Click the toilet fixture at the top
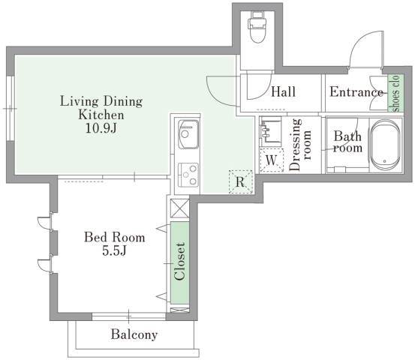coord(257,27)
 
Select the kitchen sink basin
coord(188,134)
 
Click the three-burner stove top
coord(188,174)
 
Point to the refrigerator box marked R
coord(240,181)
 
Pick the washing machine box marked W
coord(271,160)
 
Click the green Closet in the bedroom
coord(179,262)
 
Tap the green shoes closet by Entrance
coord(395,93)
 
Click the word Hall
coord(283,91)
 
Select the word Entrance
coord(356,92)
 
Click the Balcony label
coord(134,334)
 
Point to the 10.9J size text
coord(101,128)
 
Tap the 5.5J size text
coord(114,250)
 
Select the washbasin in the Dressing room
coord(270,131)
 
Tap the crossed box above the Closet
coord(179,208)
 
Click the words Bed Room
coord(115,237)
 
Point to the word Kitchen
coord(101,115)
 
